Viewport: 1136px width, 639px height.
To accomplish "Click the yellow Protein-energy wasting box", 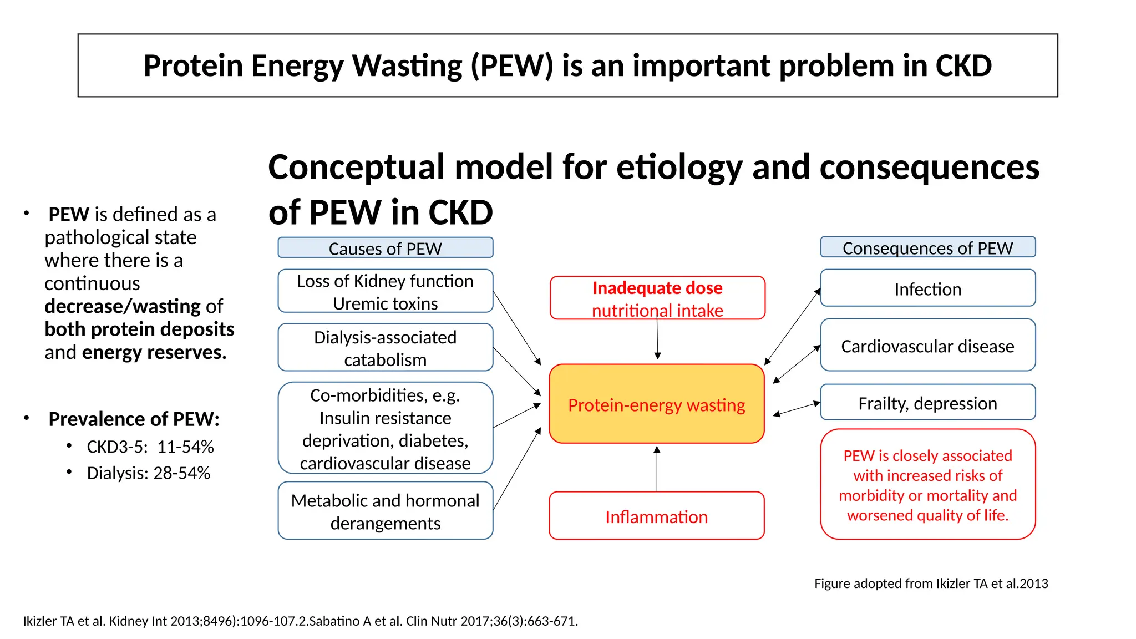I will click(x=656, y=404).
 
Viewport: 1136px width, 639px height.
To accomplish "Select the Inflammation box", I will click(x=656, y=516).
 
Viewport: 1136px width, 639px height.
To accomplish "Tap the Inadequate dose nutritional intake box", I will click(x=657, y=298).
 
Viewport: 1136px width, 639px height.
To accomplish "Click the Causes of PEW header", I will click(x=385, y=248).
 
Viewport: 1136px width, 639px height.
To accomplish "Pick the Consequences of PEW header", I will click(x=927, y=247).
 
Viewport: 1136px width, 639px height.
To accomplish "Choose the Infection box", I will click(x=927, y=288).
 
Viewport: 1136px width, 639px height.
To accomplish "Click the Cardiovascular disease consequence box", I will click(x=927, y=346).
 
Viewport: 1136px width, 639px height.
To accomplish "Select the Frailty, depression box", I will click(x=927, y=403).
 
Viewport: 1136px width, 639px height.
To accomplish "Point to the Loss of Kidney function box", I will click(x=385, y=291).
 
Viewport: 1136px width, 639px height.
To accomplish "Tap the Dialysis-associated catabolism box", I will click(x=385, y=348).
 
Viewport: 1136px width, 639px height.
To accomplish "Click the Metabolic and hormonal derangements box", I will click(x=385, y=511).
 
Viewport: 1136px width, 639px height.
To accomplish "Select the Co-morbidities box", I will click(x=385, y=428).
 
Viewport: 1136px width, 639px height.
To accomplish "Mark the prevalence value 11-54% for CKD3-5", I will click(x=185, y=447).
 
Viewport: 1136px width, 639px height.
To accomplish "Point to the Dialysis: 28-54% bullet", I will click(x=148, y=473).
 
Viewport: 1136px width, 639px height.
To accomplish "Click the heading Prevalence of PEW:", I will click(x=134, y=419).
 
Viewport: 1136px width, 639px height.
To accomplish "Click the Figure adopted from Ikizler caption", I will click(x=931, y=584).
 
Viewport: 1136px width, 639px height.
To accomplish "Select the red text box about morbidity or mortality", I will click(x=927, y=485).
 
